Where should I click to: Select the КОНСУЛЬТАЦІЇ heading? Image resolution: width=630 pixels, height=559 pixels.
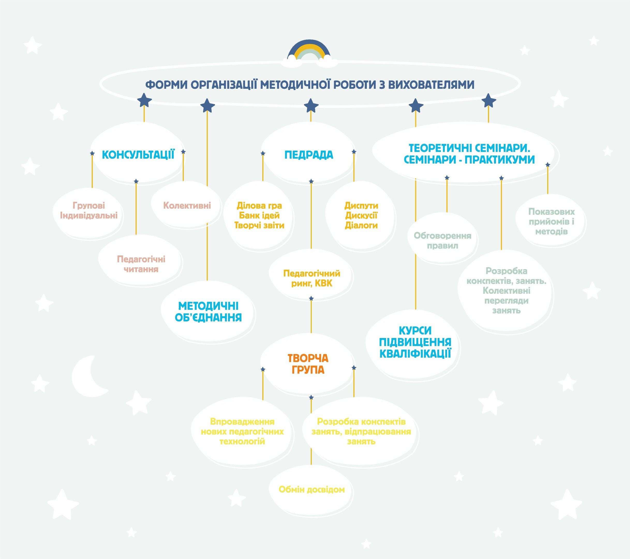(138, 155)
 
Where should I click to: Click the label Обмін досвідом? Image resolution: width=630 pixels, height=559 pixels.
(311, 490)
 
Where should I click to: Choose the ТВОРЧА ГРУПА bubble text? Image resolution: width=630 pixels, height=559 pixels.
(308, 364)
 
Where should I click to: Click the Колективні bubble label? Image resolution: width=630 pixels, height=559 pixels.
(187, 206)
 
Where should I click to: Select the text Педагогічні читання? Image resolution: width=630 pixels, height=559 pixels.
(141, 264)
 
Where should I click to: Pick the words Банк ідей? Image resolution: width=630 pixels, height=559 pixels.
(259, 216)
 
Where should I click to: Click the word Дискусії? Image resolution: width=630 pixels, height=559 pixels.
(361, 216)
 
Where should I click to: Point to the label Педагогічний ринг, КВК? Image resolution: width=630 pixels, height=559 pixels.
(312, 278)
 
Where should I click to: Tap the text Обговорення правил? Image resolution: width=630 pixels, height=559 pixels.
(442, 241)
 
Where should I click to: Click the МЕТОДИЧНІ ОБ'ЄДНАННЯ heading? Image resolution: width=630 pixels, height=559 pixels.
(208, 312)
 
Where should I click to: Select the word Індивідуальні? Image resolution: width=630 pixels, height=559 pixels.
(89, 216)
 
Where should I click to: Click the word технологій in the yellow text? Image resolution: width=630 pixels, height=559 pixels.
(242, 442)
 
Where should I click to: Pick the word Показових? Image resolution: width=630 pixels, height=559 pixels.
(551, 212)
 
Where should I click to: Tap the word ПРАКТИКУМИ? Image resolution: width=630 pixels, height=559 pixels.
(500, 160)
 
